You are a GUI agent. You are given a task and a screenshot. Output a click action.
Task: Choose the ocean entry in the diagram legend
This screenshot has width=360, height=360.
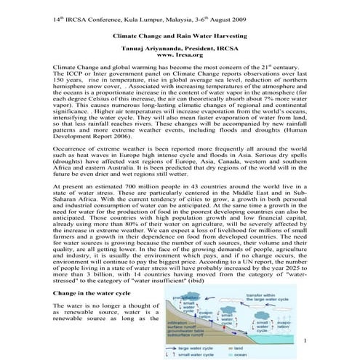(268, 356)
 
